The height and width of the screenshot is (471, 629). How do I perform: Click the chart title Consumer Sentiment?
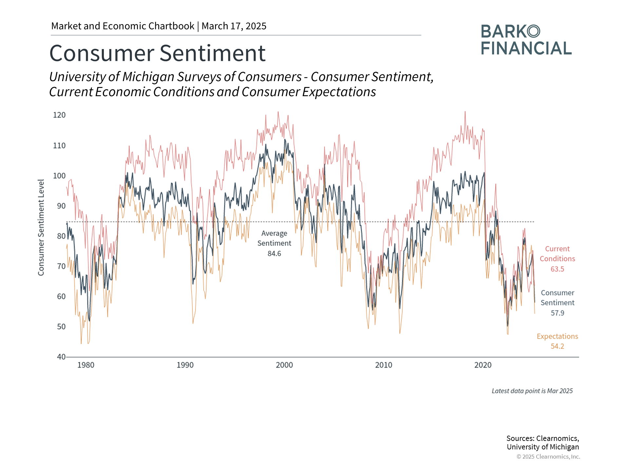(x=157, y=53)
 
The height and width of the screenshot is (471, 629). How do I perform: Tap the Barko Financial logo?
(x=526, y=40)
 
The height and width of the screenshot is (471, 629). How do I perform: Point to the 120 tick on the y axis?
(x=59, y=115)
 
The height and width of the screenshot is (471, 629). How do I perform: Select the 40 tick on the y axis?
(x=61, y=357)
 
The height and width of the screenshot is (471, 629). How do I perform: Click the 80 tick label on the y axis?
(x=61, y=236)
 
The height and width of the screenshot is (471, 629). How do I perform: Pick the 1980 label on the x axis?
(x=86, y=365)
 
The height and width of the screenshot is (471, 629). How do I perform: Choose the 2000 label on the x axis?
(x=284, y=365)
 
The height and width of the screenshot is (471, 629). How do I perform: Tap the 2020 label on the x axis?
(x=483, y=365)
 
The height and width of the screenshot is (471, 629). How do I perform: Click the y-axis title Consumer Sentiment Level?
(x=41, y=228)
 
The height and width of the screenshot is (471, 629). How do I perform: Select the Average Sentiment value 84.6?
(x=274, y=253)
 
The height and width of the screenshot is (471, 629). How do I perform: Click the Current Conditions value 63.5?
(x=557, y=269)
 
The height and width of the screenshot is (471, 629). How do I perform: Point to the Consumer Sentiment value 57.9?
(x=557, y=313)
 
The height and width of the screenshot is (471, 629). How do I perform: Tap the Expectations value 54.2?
(x=557, y=346)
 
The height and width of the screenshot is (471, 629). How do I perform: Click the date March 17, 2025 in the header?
(x=234, y=26)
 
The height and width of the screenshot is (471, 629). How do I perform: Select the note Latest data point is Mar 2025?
(x=532, y=391)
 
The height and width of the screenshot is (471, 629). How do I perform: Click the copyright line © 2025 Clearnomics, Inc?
(x=548, y=457)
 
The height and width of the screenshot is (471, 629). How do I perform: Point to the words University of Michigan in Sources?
(x=543, y=447)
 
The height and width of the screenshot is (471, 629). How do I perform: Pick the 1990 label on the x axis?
(x=185, y=365)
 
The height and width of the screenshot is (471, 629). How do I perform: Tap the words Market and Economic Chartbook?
(x=123, y=26)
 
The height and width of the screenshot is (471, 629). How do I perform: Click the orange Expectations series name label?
(x=557, y=336)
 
